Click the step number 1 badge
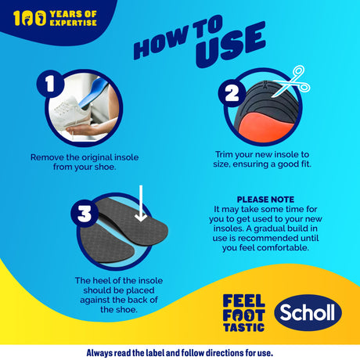point(50,84)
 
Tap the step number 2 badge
point(232,93)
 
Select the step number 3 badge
point(85,214)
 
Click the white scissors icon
point(292,81)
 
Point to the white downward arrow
point(141,203)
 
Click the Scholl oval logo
point(308,312)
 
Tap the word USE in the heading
point(231,45)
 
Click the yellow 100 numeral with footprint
point(30,18)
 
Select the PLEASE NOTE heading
point(265,200)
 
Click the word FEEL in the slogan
point(244,301)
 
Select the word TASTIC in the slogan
point(244,327)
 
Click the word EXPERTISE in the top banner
point(73,23)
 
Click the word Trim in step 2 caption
point(224,154)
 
